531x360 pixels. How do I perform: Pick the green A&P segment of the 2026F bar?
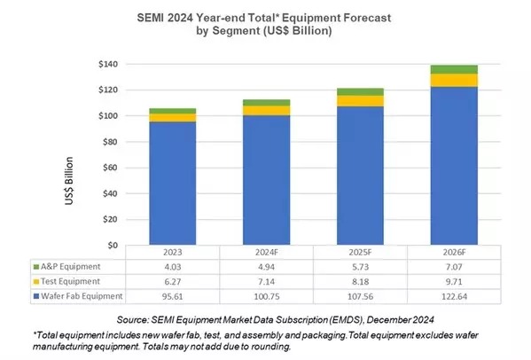click(453, 69)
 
